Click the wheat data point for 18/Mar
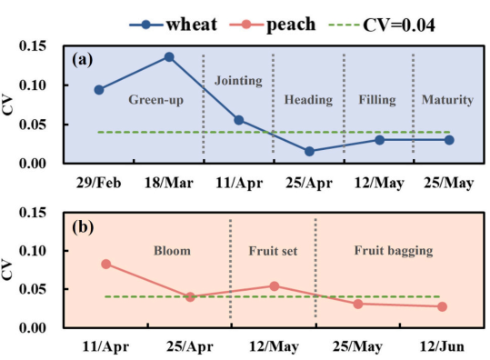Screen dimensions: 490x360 pos(169,57)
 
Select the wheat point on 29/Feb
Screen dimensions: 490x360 pos(99,90)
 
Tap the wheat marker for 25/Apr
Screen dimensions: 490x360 pos(309,152)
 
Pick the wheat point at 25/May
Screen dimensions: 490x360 pos(449,140)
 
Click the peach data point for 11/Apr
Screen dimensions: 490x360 pos(106,265)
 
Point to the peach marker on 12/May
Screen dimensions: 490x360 pos(275,286)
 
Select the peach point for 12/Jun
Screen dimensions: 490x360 pos(442,307)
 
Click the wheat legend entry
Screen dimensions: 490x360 pos(174,25)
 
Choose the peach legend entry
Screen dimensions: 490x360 pos(273,25)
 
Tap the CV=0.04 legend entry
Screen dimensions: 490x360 pos(382,25)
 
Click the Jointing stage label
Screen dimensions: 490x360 pos(238,81)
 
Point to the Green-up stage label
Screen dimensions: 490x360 pos(156,100)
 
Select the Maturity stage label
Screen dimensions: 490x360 pos(447,100)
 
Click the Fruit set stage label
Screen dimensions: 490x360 pos(273,251)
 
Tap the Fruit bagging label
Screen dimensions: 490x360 pos(394,251)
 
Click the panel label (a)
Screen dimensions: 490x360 pos(83,59)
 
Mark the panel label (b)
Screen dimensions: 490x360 pos(83,227)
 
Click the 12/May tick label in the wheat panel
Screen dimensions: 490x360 pos(379,183)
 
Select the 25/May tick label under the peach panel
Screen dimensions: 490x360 pos(357,346)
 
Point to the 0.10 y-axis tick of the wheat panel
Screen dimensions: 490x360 pos(33,85)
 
